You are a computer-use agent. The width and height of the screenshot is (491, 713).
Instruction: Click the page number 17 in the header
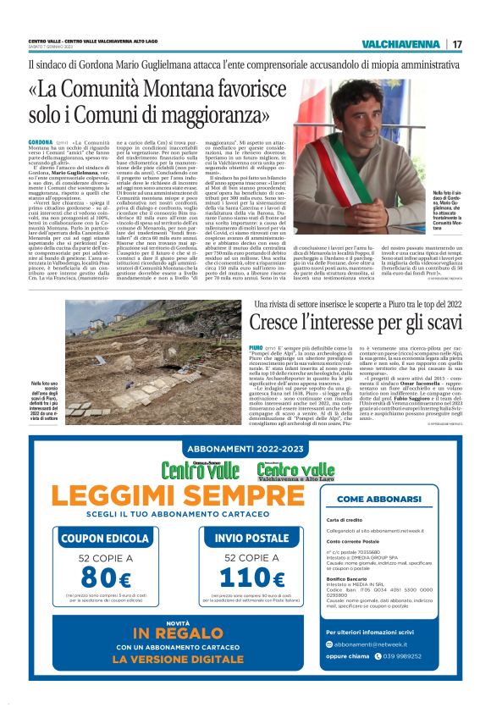pyautogui.click(x=456, y=44)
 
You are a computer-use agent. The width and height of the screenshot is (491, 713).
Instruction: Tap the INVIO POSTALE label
pyautogui.click(x=251, y=538)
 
